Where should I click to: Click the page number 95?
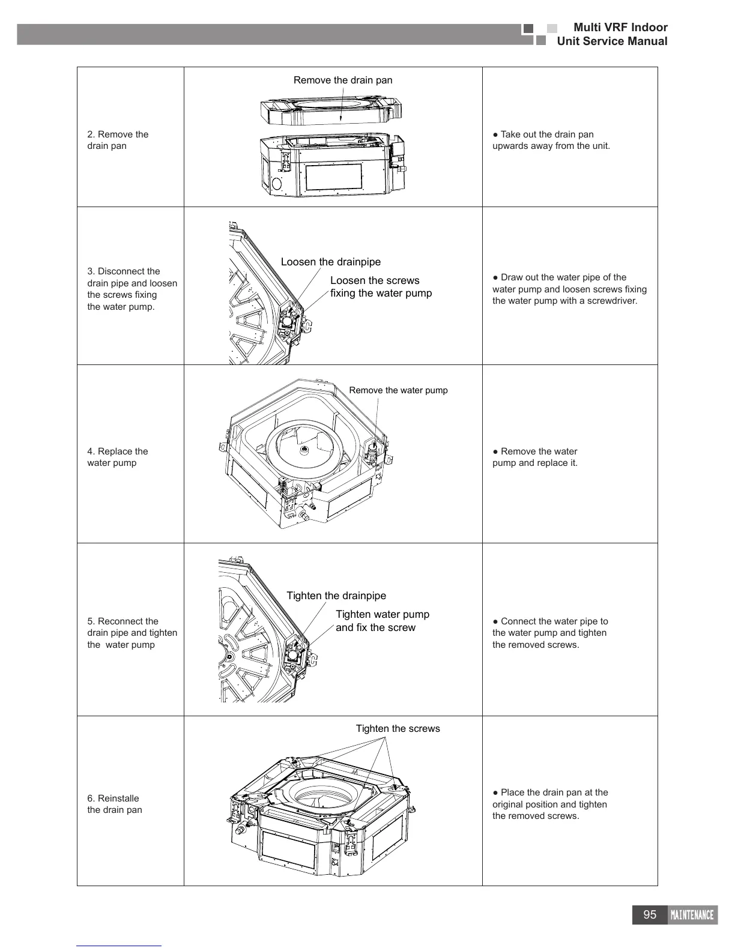point(650,914)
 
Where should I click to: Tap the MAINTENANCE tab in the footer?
point(692,915)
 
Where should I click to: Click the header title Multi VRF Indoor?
point(620,27)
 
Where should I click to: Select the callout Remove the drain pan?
point(342,80)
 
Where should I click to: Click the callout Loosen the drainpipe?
point(330,262)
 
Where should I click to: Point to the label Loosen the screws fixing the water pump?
point(381,287)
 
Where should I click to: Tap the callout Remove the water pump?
point(398,390)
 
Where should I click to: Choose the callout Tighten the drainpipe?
point(336,596)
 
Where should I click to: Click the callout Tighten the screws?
point(398,728)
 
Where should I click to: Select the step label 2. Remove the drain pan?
point(118,140)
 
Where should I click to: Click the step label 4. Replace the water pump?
point(117,457)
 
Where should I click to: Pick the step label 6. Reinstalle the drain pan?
point(115,804)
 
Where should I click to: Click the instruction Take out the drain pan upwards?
point(551,140)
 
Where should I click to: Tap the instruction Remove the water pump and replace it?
point(535,457)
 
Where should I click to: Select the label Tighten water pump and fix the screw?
point(382,621)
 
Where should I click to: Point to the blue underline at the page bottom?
point(119,946)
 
